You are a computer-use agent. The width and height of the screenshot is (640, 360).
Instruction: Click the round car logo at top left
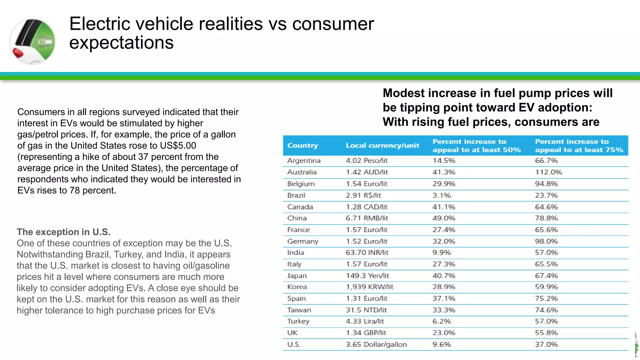pyautogui.click(x=32, y=41)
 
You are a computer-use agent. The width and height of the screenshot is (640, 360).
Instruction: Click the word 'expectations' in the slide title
pyautogui.click(x=121, y=42)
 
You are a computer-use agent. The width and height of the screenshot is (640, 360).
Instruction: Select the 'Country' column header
pyautogui.click(x=302, y=146)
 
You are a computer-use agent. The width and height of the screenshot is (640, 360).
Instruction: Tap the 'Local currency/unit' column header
pyautogui.click(x=382, y=146)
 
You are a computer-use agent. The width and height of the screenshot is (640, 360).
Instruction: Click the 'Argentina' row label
pyautogui.click(x=304, y=161)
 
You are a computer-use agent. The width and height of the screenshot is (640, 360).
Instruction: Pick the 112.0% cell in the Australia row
pyautogui.click(x=548, y=172)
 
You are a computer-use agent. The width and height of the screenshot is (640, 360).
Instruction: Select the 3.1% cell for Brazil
pyautogui.click(x=441, y=195)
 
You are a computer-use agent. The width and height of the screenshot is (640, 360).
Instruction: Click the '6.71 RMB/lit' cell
pyautogui.click(x=367, y=218)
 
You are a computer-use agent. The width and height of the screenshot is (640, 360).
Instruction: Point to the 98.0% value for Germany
pyautogui.click(x=546, y=241)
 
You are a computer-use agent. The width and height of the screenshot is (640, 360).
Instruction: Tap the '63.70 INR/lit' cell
pyautogui.click(x=367, y=252)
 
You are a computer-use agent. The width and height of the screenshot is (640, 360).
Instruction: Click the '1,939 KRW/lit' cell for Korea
pyautogui.click(x=369, y=287)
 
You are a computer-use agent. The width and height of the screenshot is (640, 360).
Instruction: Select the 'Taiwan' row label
pyautogui.click(x=299, y=310)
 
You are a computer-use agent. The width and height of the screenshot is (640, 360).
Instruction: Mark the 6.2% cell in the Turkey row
pyautogui.click(x=441, y=321)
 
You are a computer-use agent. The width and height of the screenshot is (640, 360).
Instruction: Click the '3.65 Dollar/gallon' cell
pyautogui.click(x=376, y=344)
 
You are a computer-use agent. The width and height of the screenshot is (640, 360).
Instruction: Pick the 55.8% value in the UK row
pyautogui.click(x=546, y=333)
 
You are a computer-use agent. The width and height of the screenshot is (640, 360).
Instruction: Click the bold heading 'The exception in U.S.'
pyautogui.click(x=63, y=232)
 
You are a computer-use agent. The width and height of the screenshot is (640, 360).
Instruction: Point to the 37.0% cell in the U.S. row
pyautogui.click(x=546, y=344)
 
